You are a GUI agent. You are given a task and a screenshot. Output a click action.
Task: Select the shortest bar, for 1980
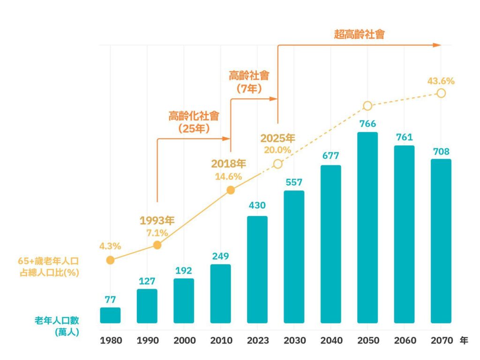point(110,315)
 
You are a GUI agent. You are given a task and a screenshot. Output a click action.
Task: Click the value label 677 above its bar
point(330,156)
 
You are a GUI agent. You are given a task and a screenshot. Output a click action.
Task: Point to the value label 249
point(220,256)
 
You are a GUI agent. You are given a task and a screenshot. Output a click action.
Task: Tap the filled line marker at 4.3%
point(110,260)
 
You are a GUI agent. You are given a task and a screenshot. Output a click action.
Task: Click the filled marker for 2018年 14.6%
point(231,190)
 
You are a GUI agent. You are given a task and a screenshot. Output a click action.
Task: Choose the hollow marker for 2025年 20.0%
point(277,164)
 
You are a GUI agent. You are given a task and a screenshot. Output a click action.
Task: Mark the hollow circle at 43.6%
point(441,93)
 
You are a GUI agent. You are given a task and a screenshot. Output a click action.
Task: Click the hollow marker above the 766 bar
point(367,106)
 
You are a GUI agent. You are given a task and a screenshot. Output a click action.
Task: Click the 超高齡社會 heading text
point(359,34)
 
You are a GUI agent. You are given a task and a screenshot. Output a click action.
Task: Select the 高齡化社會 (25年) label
point(194,122)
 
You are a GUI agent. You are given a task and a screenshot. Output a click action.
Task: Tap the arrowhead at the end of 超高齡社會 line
point(437,45)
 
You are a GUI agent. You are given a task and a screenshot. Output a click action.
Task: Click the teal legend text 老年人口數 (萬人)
point(56,326)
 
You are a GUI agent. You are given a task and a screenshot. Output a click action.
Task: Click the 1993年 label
point(157,221)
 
